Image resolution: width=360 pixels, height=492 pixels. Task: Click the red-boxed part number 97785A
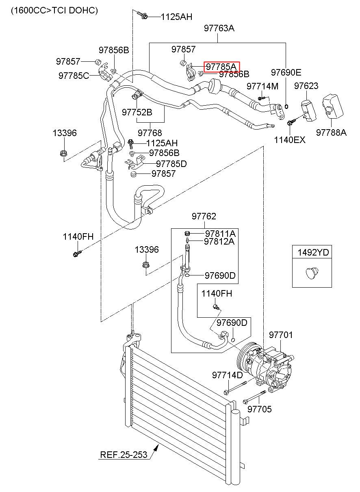tap(221, 67)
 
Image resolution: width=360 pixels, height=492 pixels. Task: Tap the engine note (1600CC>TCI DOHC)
tap(54, 11)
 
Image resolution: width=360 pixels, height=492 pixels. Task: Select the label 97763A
tap(219, 28)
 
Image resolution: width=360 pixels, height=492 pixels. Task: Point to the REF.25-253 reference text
tap(124, 455)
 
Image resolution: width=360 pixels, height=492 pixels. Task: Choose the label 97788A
tap(331, 132)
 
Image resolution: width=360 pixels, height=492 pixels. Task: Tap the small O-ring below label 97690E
tap(286, 106)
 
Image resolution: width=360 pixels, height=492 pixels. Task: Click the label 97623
tap(306, 86)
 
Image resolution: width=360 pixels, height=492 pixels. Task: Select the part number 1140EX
tap(290, 140)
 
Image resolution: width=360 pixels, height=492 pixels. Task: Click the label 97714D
tap(227, 375)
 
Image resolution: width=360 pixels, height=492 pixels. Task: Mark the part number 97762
tap(204, 216)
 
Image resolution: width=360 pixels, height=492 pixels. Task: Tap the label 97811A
tap(220, 233)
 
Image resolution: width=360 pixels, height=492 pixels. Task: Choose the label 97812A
tap(219, 241)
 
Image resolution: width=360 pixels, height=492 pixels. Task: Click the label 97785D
tap(171, 164)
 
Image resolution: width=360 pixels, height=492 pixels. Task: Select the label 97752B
tap(137, 112)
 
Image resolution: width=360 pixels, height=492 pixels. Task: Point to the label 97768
tap(150, 133)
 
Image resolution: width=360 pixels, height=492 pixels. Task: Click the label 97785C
tap(74, 76)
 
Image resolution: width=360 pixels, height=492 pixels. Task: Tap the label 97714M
tap(262, 86)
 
